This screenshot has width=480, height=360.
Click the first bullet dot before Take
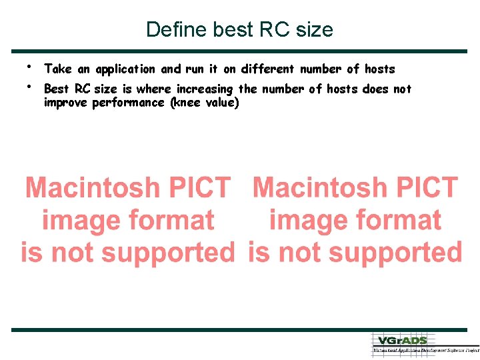[x=31, y=66]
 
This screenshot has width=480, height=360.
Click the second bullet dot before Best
[x=31, y=86]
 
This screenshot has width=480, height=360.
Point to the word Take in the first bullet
[x=57, y=69]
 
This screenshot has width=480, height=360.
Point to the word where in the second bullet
[x=153, y=89]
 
